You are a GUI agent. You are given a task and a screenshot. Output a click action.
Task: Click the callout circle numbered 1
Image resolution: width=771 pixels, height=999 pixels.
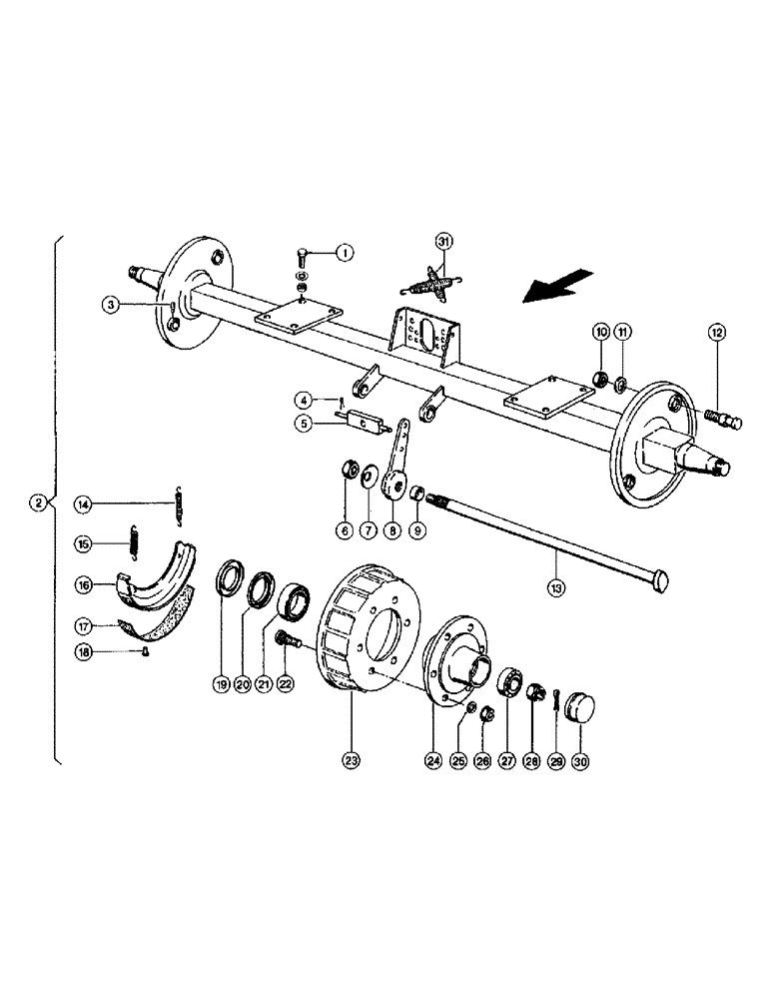(343, 253)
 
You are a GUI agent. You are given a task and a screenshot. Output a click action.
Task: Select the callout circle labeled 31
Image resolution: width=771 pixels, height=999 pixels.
(443, 241)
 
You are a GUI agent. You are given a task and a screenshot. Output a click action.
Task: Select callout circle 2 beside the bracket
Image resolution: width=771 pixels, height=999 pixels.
(37, 502)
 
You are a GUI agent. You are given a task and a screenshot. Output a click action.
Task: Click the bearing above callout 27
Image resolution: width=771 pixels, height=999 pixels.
(508, 682)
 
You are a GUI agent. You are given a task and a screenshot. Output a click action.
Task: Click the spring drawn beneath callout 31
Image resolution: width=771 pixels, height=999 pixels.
(430, 283)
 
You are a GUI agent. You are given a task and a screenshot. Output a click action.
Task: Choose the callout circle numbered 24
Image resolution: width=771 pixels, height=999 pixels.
(433, 761)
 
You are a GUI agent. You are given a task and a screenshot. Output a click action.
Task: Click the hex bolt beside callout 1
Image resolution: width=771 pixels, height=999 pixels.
(304, 257)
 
